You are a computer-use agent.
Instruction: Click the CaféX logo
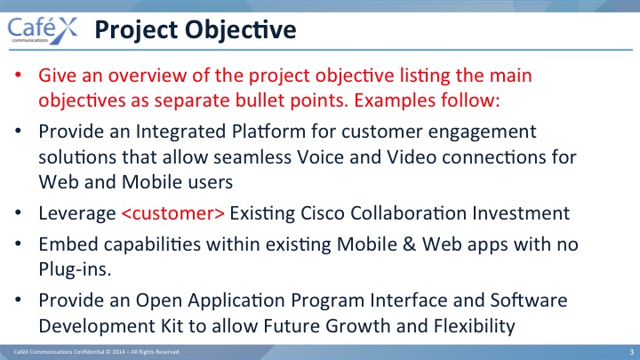[43, 30]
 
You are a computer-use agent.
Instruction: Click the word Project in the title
[136, 30]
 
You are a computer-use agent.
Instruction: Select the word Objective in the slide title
[240, 30]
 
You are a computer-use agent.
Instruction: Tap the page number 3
[631, 352]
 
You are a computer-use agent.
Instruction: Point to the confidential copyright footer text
[97, 352]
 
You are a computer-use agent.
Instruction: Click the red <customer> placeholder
[173, 213]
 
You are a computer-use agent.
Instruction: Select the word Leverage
[77, 214]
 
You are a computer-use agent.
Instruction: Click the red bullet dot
[18, 75]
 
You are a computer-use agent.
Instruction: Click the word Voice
[320, 157]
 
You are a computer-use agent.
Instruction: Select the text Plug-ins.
[75, 270]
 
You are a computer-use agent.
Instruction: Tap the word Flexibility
[475, 326]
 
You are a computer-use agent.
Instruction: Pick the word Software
[529, 300]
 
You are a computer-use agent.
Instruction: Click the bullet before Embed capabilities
[18, 244]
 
